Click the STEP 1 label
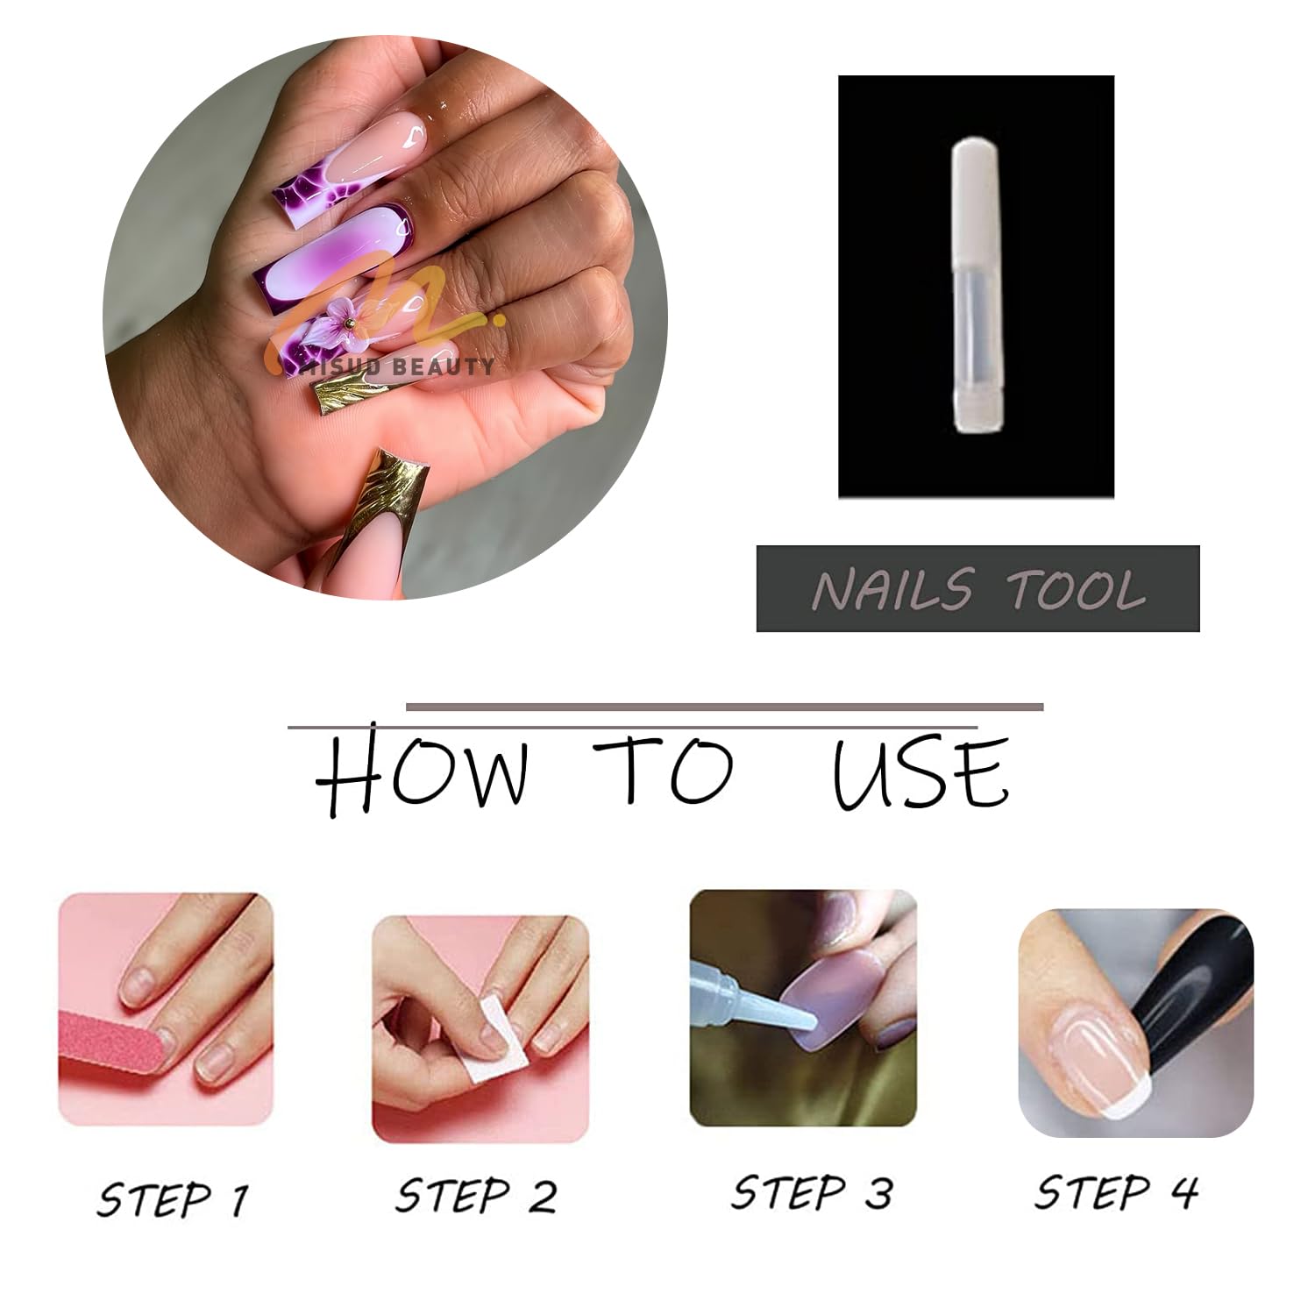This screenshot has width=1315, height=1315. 173,1198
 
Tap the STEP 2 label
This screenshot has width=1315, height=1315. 475,1195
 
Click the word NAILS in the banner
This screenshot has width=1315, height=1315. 892,588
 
